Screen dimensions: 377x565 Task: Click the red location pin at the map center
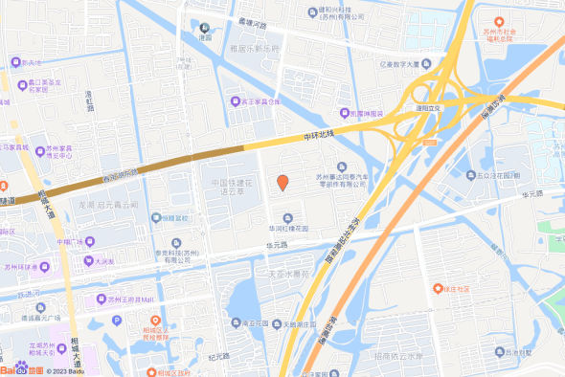(x=282, y=182)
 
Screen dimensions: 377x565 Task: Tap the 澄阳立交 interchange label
(x=428, y=108)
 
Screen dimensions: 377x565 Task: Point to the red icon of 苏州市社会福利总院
(x=499, y=21)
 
